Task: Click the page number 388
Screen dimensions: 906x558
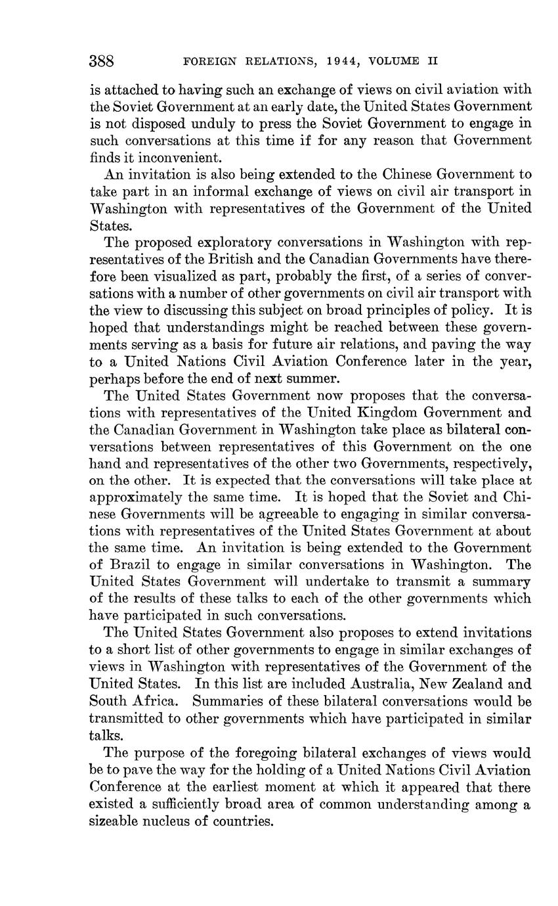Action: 102,62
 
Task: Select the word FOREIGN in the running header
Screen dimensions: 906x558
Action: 209,62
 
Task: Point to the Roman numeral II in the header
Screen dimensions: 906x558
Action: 432,62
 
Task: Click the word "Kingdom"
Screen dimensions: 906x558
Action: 386,413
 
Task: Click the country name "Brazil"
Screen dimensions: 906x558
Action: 131,564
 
